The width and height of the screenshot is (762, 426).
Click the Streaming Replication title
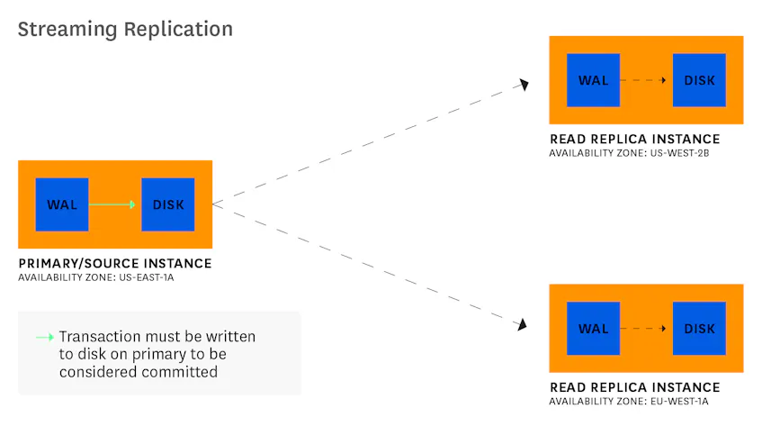pyautogui.click(x=125, y=29)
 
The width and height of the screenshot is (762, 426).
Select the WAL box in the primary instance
pyautogui.click(x=62, y=204)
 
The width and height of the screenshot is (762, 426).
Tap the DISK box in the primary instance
pyautogui.click(x=168, y=204)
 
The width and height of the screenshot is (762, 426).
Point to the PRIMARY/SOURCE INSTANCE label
pyautogui.click(x=114, y=263)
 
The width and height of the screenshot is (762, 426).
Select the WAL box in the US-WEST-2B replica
pyautogui.click(x=594, y=80)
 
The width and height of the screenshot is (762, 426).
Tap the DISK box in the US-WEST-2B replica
pyautogui.click(x=700, y=80)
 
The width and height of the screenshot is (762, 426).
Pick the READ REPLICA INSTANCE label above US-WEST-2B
pyautogui.click(x=634, y=139)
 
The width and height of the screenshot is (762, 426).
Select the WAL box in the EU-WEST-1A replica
pyautogui.click(x=594, y=328)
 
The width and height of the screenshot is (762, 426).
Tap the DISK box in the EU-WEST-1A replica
pyautogui.click(x=700, y=328)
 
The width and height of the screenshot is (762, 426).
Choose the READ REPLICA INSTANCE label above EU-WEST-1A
pyautogui.click(x=634, y=387)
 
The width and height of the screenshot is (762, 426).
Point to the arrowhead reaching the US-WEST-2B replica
pyautogui.click(x=523, y=85)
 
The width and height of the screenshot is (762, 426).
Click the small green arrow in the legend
pyautogui.click(x=44, y=337)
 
